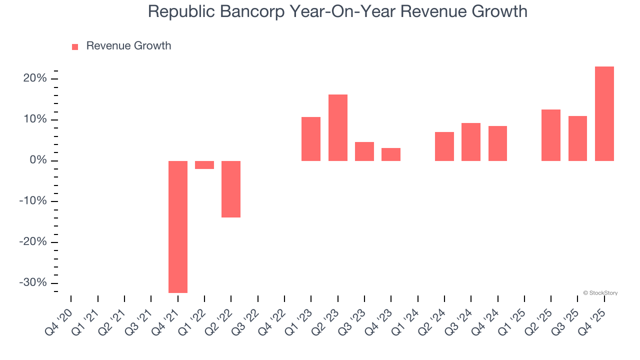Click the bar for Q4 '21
[178, 226]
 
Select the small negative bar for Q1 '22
[204, 165]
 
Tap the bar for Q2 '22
[231, 189]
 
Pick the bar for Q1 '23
[311, 139]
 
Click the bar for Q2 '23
[338, 127]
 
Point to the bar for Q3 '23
[364, 151]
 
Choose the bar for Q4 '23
[391, 154]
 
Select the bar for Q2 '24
[444, 146]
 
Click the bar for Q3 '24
[471, 142]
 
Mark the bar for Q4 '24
[497, 143]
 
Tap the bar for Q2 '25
[551, 135]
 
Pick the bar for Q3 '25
[577, 138]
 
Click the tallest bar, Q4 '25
[604, 113]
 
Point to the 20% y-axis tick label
[34, 78]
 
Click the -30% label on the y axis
[33, 282]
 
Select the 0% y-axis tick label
[38, 160]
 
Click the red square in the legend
[75, 47]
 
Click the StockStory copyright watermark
[600, 293]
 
